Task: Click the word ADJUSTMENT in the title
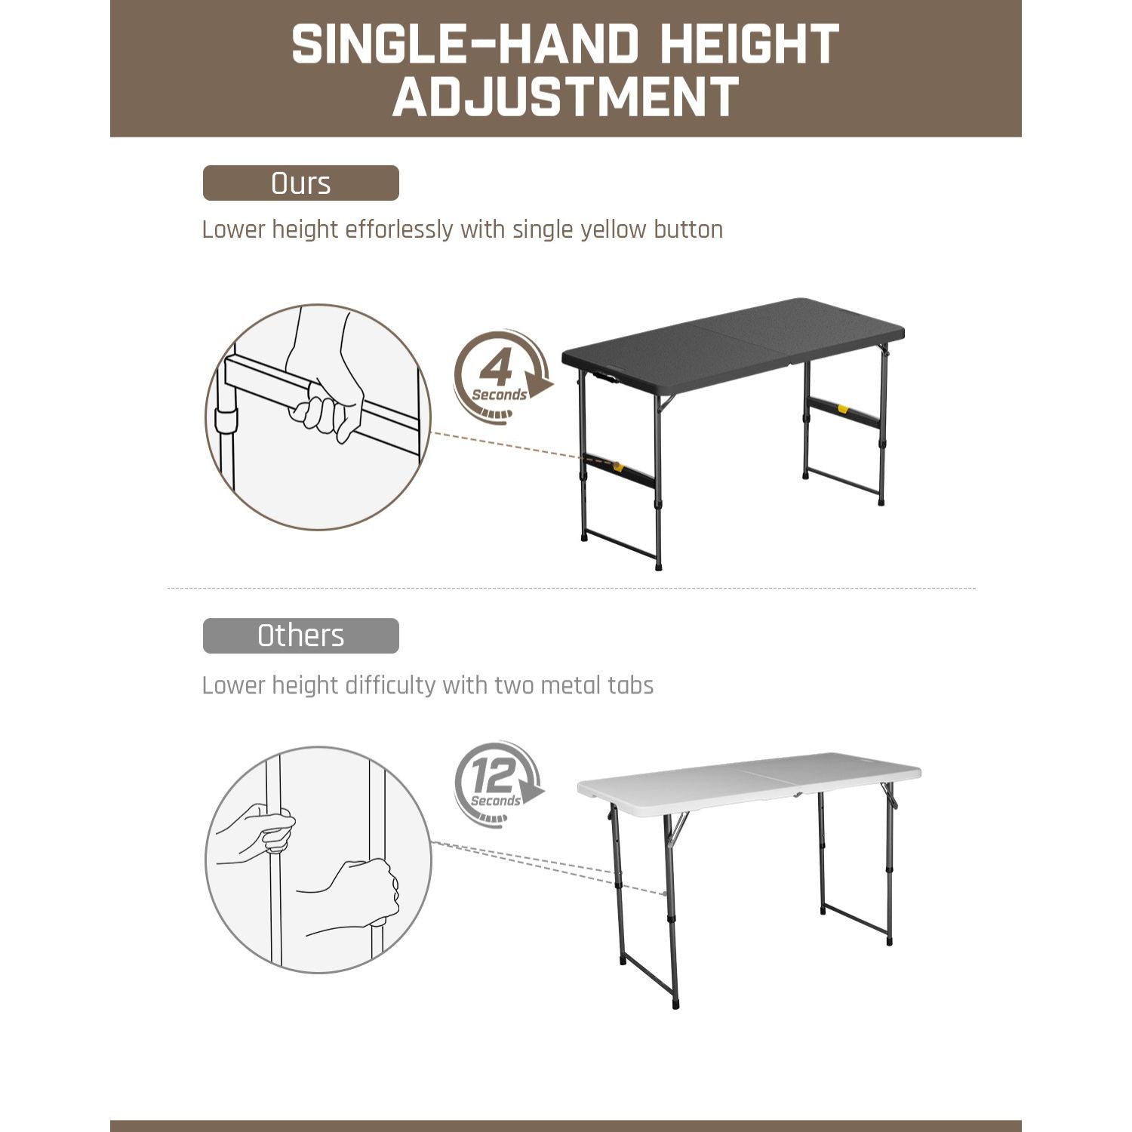(565, 97)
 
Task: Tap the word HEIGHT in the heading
(749, 45)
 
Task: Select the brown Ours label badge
(300, 183)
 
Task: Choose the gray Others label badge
(300, 635)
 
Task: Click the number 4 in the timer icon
(496, 368)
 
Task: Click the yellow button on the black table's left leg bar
(618, 467)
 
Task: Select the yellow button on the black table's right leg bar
(842, 410)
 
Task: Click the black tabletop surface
(732, 343)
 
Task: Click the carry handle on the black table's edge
(604, 376)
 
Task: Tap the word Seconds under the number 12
(495, 801)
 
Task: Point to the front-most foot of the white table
(676, 1004)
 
